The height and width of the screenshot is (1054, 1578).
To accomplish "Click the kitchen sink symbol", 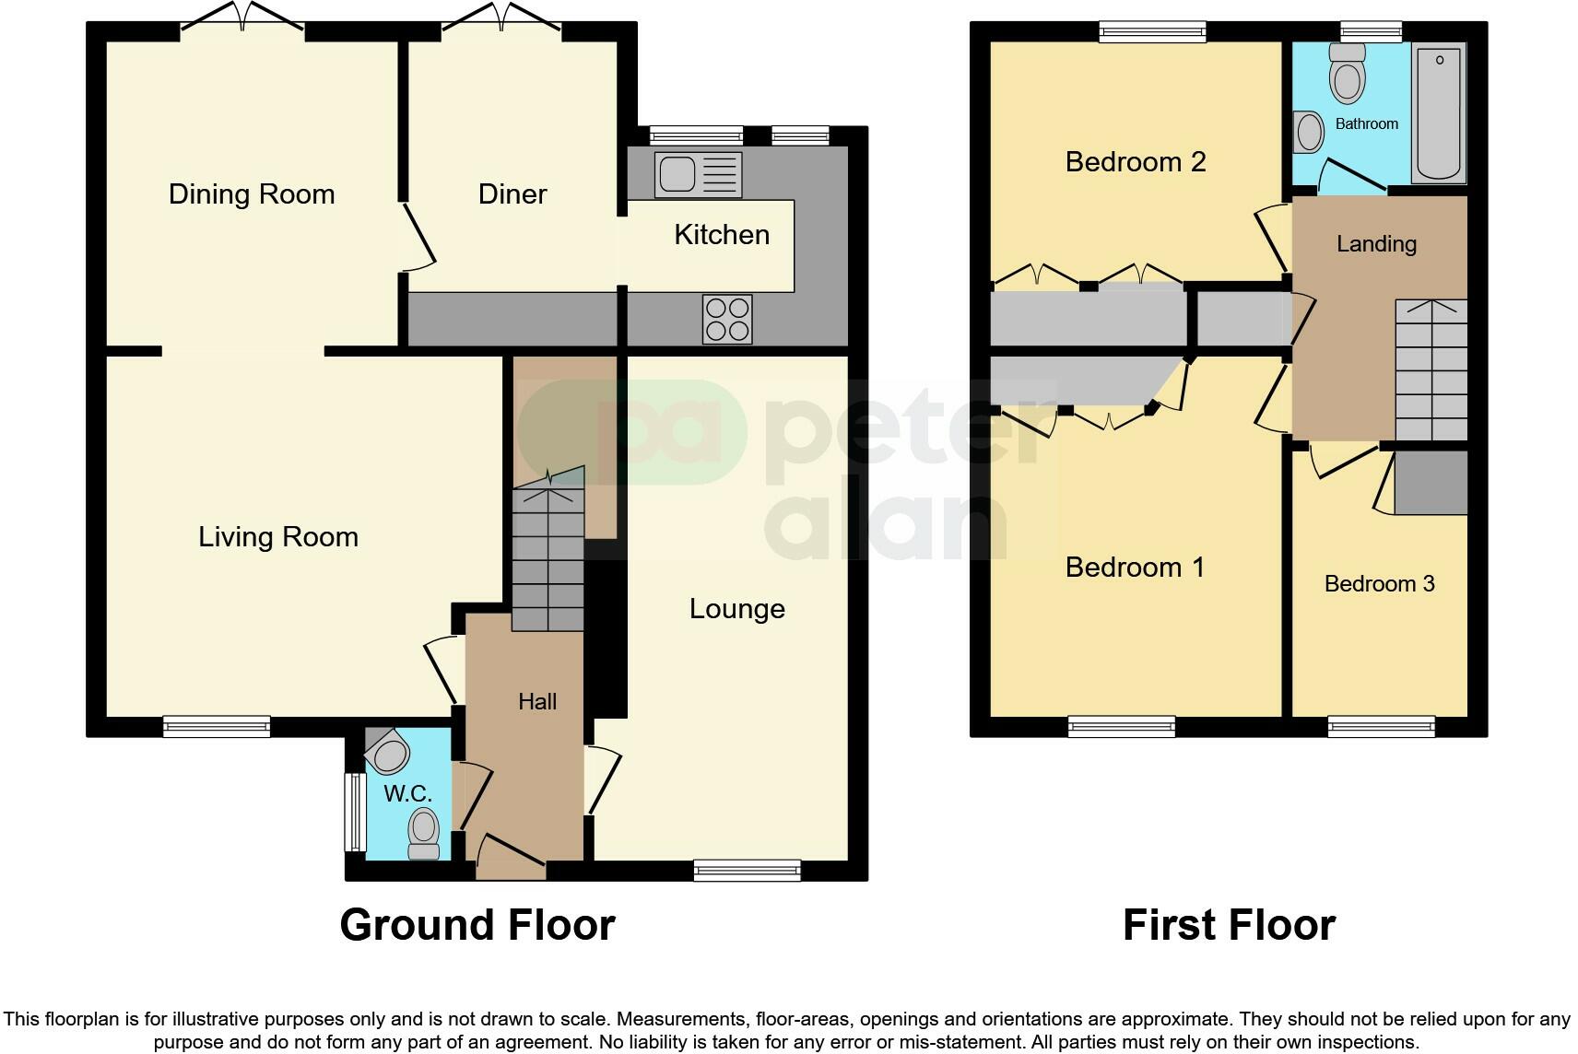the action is pos(698,175).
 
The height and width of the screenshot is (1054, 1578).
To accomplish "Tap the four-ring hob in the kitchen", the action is pos(727,320).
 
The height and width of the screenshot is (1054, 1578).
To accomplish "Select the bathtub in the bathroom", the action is pos(1439,112).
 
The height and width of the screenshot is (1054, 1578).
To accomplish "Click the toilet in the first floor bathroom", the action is pos(1347,73).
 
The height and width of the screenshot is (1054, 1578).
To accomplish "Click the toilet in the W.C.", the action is pos(424,833).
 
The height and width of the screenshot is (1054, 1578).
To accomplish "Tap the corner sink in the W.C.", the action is pos(387,751).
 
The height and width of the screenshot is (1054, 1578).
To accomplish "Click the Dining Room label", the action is pos(252,194).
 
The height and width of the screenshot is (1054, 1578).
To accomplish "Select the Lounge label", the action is pos(736,608).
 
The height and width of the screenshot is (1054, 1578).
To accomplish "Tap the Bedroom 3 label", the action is pos(1379,583).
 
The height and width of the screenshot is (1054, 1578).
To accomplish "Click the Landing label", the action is pos(1376,243).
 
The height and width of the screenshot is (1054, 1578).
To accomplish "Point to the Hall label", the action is pos(537,701).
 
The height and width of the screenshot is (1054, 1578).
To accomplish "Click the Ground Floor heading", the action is pos(477,924).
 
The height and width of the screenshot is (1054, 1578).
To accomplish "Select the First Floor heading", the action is pos(1230,924).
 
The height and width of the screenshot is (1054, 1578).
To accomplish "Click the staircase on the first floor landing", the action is pos(1431,370).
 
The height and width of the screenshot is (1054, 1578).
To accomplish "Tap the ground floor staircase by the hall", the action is pos(548,549).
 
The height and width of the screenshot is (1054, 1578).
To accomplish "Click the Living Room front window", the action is pos(217,727).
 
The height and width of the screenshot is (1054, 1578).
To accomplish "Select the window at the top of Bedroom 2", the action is pos(1152,31).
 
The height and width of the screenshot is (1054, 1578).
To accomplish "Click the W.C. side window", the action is pos(355,813).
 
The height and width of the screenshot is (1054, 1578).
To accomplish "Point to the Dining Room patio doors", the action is pos(242,18).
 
